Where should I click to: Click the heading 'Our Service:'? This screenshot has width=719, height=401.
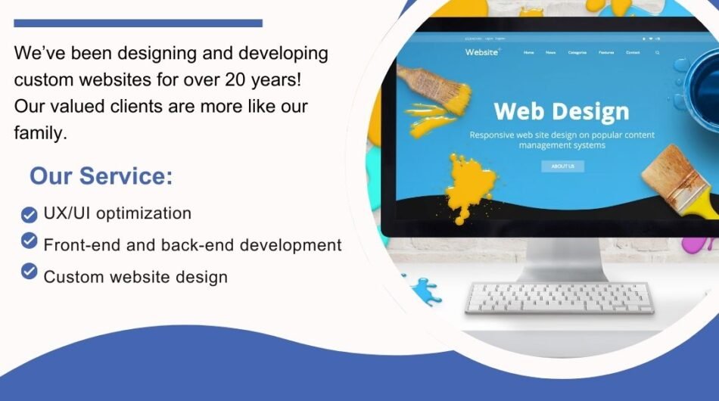(x=101, y=176)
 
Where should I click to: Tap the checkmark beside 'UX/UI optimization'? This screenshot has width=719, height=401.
(x=29, y=215)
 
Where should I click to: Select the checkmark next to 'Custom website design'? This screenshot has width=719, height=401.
(x=29, y=271)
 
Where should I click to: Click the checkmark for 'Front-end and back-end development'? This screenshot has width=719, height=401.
(x=29, y=241)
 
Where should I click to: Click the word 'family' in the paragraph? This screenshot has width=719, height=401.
(x=39, y=133)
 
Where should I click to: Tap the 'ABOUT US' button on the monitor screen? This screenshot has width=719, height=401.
(x=562, y=166)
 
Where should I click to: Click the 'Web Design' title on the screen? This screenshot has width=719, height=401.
(x=561, y=112)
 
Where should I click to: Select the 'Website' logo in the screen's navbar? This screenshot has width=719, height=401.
(x=482, y=52)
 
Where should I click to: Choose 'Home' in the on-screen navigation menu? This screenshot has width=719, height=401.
(x=528, y=53)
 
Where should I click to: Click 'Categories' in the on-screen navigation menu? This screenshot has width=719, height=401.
(x=577, y=53)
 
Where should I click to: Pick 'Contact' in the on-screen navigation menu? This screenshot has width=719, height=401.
(x=633, y=53)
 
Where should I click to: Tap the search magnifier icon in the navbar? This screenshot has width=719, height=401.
(x=658, y=53)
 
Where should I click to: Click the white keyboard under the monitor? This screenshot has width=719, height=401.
(x=559, y=297)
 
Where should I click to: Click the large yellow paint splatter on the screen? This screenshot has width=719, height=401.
(x=469, y=185)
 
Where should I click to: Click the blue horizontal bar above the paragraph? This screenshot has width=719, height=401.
(x=138, y=23)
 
